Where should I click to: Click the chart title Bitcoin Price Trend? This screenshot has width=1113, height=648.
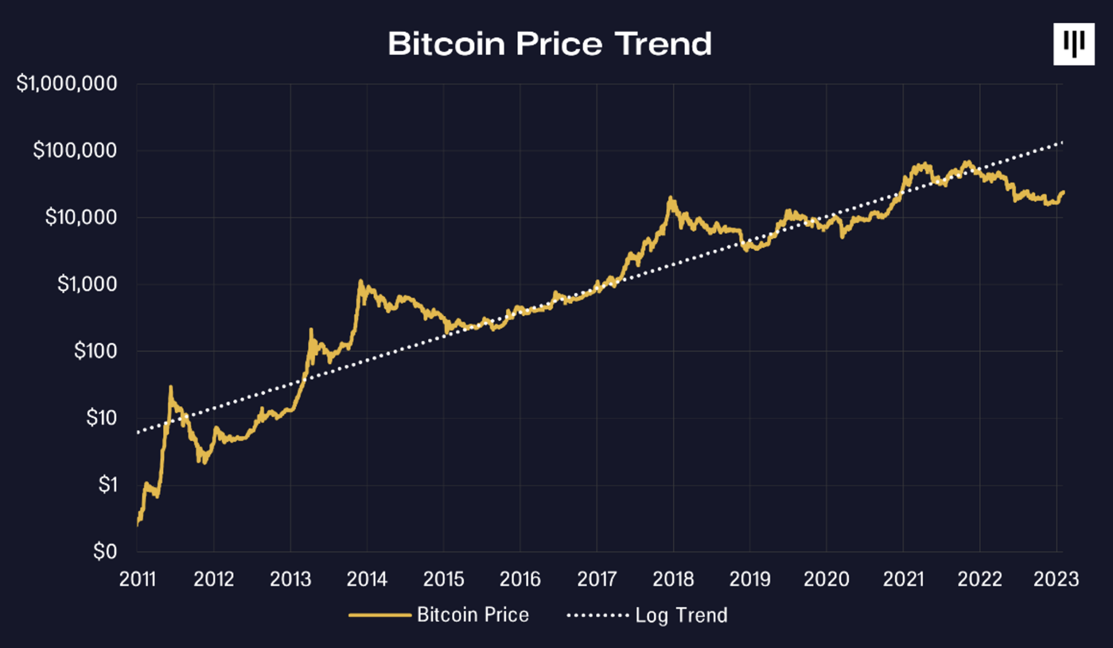pyautogui.click(x=549, y=44)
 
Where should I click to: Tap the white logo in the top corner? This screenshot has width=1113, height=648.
pyautogui.click(x=1073, y=44)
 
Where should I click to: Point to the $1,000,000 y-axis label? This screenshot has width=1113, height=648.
pyautogui.click(x=67, y=84)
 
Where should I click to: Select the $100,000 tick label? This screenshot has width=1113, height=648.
pyautogui.click(x=75, y=151)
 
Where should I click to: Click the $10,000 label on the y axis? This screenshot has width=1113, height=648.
pyautogui.click(x=81, y=217)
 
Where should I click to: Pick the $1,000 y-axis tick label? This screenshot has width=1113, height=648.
pyautogui.click(x=87, y=284)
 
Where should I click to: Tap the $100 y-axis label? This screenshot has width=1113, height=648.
pyautogui.click(x=96, y=351)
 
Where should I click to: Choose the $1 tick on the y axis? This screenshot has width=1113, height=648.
pyautogui.click(x=108, y=485)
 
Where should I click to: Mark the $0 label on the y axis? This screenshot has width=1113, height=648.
pyautogui.click(x=105, y=552)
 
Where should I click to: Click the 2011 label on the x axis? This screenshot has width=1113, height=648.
pyautogui.click(x=137, y=580)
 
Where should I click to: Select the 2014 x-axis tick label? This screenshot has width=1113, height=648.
pyautogui.click(x=367, y=580)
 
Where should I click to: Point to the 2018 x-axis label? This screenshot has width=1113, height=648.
pyautogui.click(x=673, y=580)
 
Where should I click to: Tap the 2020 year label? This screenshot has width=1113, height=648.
pyautogui.click(x=826, y=580)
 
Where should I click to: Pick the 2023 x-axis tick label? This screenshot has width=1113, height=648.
pyautogui.click(x=1055, y=580)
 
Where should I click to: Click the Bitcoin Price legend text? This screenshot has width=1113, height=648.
pyautogui.click(x=473, y=615)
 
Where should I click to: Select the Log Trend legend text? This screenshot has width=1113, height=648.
pyautogui.click(x=681, y=615)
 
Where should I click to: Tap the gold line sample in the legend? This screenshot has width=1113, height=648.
pyautogui.click(x=380, y=615)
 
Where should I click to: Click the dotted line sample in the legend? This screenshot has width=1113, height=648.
pyautogui.click(x=597, y=615)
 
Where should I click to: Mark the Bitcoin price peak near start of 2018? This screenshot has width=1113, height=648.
pyautogui.click(x=671, y=198)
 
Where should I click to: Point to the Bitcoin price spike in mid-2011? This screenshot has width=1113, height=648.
pyautogui.click(x=171, y=388)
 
